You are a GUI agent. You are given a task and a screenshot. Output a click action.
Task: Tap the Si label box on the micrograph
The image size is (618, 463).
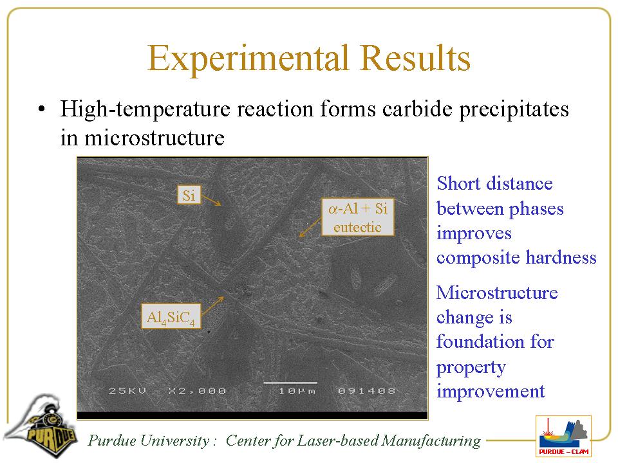click(189, 195)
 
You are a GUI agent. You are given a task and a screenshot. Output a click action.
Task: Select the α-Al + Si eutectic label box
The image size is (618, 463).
click(358, 217)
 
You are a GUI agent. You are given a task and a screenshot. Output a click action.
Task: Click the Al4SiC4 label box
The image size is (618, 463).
click(171, 316)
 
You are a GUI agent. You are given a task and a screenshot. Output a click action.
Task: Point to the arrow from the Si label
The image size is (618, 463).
click(211, 201)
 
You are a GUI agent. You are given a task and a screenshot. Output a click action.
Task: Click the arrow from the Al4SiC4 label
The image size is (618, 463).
click(212, 306)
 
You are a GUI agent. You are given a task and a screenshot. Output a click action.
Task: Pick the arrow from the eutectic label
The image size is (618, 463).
click(310, 228)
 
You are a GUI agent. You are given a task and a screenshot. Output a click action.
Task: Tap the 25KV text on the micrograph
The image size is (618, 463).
click(127, 391)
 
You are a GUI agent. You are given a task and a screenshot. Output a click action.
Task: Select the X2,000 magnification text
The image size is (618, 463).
click(197, 391)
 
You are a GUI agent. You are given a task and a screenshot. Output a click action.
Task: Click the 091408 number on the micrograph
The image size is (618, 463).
click(366, 391)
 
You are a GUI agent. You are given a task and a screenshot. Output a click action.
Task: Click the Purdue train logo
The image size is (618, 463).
click(41, 426)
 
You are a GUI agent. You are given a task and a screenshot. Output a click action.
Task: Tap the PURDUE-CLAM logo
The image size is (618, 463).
click(564, 436)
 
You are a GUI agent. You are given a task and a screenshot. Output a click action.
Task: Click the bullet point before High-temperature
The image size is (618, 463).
click(41, 109)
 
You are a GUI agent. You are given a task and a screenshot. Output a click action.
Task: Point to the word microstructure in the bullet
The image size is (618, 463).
click(154, 138)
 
